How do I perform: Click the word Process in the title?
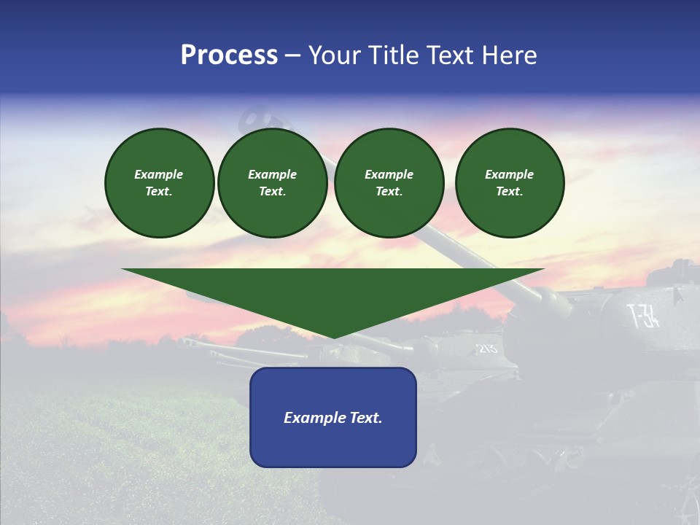point(229,55)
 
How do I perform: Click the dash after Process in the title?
point(292,57)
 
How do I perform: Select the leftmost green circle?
point(160,183)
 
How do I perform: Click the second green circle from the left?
point(273,183)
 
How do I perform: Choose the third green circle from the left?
point(389,183)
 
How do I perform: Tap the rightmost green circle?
point(510,183)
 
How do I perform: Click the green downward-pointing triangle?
point(333,295)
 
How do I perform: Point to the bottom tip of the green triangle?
point(334,337)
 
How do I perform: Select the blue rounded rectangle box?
point(333,417)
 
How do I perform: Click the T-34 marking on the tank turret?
point(644,316)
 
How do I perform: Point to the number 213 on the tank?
point(486,348)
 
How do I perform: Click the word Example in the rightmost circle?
point(510,174)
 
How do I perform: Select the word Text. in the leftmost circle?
point(159,192)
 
